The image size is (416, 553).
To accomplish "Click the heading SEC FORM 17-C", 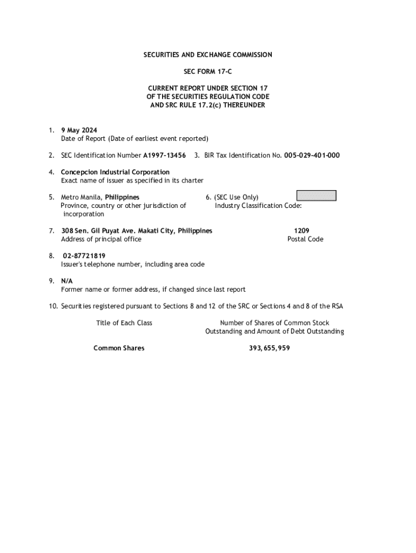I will pyautogui.click(x=207, y=71).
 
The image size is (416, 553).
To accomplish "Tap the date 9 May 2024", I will pyautogui.click(x=79, y=130).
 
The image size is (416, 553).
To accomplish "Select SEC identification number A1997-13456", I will pyautogui.click(x=164, y=156).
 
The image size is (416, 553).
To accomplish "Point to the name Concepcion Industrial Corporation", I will pyautogui.click(x=115, y=172).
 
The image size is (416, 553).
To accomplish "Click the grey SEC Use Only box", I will pyautogui.click(x=317, y=195).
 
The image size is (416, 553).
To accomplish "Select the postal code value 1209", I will pyautogui.click(x=301, y=231).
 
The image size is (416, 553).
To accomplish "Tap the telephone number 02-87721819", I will pyautogui.click(x=84, y=256).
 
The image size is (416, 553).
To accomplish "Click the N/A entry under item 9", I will pyautogui.click(x=67, y=281).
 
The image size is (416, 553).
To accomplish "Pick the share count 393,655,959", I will pyautogui.click(x=269, y=348).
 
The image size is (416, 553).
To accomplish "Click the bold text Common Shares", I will pyautogui.click(x=119, y=348).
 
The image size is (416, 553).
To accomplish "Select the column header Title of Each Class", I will pyautogui.click(x=124, y=323).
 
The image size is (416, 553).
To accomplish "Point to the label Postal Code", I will pyautogui.click(x=305, y=239).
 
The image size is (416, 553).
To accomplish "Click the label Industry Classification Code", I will pyautogui.click(x=258, y=206).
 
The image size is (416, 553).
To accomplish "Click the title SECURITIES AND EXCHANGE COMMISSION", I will pyautogui.click(x=207, y=55).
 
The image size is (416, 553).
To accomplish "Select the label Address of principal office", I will pyautogui.click(x=101, y=239).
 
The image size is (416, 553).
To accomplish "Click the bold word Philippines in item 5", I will pyautogui.click(x=122, y=197).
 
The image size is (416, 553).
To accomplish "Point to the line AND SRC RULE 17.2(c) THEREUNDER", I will pyautogui.click(x=207, y=105).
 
